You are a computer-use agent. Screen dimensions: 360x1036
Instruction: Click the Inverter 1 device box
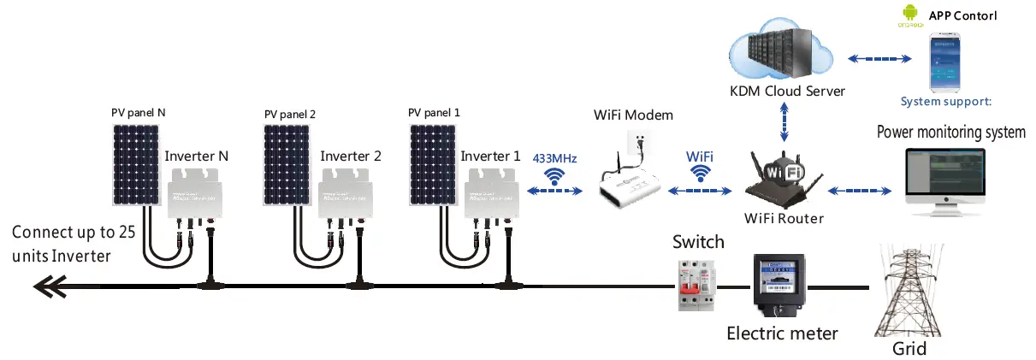490,192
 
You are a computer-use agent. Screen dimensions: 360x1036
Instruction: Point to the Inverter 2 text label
350,156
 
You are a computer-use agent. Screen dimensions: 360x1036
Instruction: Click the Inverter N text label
196,156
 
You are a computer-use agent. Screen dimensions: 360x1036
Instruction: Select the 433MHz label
554,158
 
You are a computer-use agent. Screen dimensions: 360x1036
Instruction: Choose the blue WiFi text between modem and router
701,158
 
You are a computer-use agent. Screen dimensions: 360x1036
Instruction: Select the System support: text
945,102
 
